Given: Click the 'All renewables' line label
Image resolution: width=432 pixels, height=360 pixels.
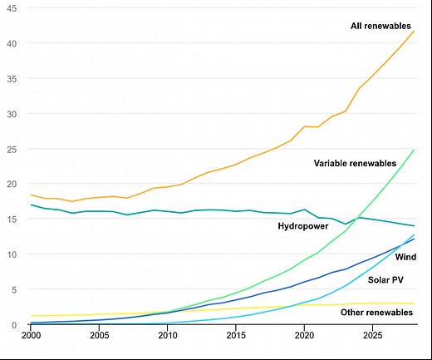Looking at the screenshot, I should [380, 27].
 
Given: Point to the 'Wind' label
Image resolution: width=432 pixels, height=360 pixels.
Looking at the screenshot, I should [405, 257].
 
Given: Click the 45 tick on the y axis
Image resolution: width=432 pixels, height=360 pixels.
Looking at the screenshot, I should [12, 8].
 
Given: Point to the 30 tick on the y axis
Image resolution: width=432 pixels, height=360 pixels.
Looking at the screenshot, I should [12, 114].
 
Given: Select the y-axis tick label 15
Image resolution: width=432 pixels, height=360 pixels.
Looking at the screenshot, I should [12, 219].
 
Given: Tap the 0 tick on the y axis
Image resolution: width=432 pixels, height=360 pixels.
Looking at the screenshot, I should [14, 325].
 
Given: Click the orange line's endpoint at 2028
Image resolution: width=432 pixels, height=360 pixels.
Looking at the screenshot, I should [414, 31].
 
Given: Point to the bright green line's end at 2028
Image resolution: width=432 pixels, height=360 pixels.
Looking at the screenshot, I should [414, 150].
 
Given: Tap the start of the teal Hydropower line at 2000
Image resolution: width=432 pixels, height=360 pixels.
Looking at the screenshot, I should [31, 205].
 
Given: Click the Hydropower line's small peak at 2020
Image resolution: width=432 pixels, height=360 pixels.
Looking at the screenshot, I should [304, 210].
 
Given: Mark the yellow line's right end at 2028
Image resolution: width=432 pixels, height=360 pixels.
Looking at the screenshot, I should [414, 303].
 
